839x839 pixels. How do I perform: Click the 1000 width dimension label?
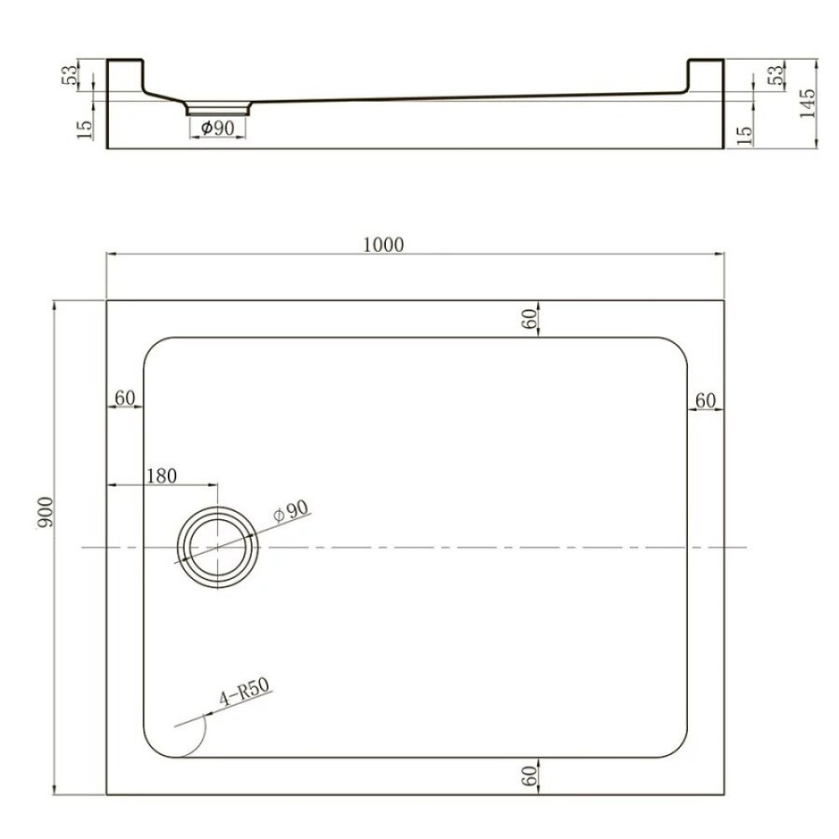383,245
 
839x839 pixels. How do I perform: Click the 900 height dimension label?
46,513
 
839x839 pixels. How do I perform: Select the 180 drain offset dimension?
161,475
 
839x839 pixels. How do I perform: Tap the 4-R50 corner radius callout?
245,693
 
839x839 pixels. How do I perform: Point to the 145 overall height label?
806,103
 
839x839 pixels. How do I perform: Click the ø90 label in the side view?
217,129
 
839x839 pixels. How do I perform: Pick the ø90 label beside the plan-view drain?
291,511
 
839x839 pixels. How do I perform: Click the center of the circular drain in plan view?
218,547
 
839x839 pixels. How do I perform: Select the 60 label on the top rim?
529,319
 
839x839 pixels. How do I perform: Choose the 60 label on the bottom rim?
529,776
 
